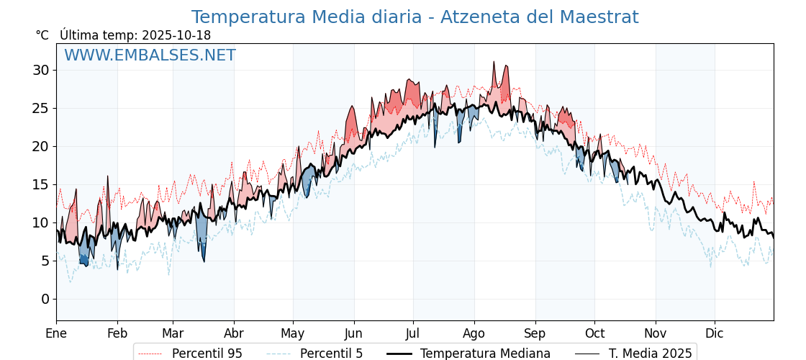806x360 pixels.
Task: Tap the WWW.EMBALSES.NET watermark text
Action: (150, 55)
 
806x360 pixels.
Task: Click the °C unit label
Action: (42, 35)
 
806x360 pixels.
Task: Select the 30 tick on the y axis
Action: (41, 70)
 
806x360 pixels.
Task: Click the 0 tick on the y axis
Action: (45, 299)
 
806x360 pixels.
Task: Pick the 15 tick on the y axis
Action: (41, 184)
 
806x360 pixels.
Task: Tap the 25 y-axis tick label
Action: (41, 108)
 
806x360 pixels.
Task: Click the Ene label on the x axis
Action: (56, 333)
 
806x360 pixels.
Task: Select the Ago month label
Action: (474, 333)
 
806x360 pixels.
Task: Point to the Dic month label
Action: (715, 333)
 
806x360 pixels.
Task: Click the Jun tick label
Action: (353, 333)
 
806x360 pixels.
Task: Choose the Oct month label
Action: (594, 333)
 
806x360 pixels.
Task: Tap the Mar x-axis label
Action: (173, 333)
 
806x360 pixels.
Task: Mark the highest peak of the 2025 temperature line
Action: (494, 62)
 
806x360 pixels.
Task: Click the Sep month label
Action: (535, 333)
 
